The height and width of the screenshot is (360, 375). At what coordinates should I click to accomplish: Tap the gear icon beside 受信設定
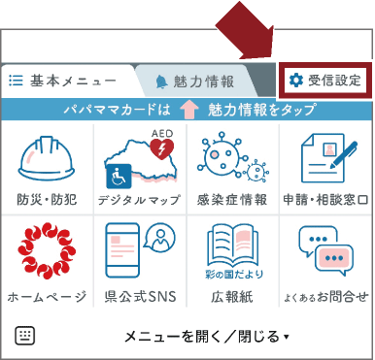point(297,80)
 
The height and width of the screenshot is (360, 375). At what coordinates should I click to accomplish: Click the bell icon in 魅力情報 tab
point(161,81)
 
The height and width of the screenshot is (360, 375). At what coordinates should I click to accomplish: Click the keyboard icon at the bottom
point(25,336)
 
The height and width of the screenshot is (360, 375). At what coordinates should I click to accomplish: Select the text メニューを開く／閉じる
point(201,337)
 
